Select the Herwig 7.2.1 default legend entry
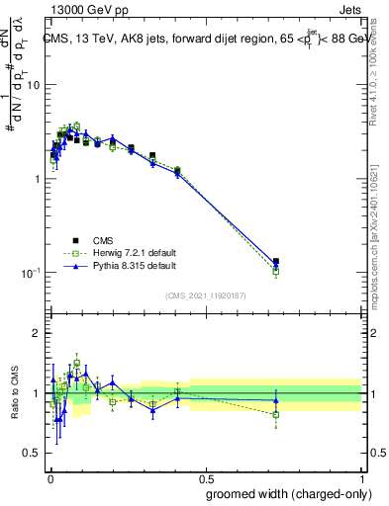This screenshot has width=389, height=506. [119, 253]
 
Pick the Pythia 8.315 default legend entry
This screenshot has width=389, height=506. [119, 266]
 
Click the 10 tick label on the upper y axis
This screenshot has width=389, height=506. [33, 85]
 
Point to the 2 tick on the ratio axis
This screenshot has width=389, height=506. [37, 333]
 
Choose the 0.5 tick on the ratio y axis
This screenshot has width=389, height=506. [33, 453]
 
